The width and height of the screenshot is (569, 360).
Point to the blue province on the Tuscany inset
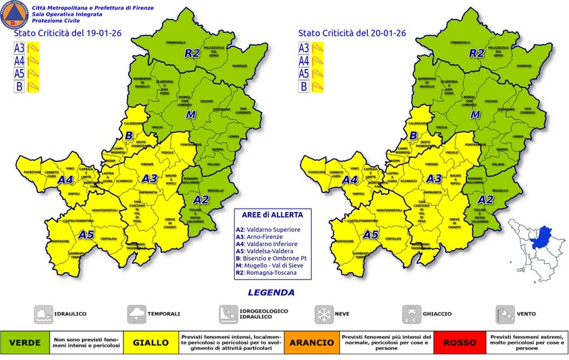[539, 238]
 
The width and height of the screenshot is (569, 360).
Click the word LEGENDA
[271, 292]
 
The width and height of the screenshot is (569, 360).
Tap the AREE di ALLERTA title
[268, 214]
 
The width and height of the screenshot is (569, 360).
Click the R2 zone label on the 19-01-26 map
[193, 52]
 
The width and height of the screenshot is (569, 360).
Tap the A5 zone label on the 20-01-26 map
[370, 234]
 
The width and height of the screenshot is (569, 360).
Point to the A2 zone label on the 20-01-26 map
[485, 199]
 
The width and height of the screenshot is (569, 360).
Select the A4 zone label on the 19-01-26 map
[65, 180]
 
